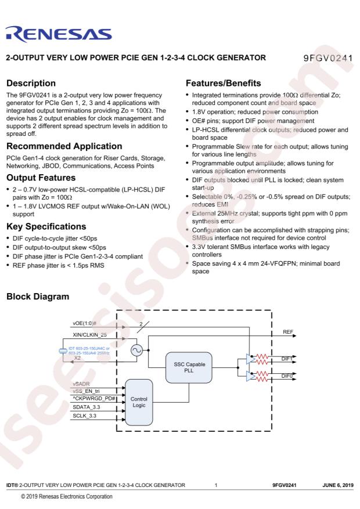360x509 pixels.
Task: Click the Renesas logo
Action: (x=59, y=34)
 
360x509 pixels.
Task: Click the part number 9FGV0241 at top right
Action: (x=328, y=58)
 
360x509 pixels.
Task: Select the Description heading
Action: (x=31, y=83)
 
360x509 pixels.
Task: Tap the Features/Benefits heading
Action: (x=224, y=83)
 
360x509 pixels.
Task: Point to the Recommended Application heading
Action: (x=64, y=146)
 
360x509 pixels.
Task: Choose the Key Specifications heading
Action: (x=46, y=226)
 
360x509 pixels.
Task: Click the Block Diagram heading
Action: (x=38, y=297)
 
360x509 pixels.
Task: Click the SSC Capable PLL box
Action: (x=189, y=367)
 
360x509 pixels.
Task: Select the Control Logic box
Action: (x=139, y=402)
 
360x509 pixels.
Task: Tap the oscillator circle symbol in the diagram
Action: (x=136, y=350)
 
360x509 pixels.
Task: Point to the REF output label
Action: (x=288, y=332)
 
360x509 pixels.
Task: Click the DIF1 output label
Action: (x=287, y=359)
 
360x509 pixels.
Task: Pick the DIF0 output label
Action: (x=287, y=376)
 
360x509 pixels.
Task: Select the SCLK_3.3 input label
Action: (x=84, y=416)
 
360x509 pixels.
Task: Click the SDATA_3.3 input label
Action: (x=87, y=407)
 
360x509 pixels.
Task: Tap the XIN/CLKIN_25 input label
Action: (x=89, y=335)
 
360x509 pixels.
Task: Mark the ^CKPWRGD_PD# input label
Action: (x=94, y=398)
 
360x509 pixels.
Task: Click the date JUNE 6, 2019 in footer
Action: (x=337, y=485)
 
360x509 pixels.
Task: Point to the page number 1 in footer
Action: (x=216, y=485)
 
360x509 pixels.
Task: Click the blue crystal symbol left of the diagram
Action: (x=63, y=351)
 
